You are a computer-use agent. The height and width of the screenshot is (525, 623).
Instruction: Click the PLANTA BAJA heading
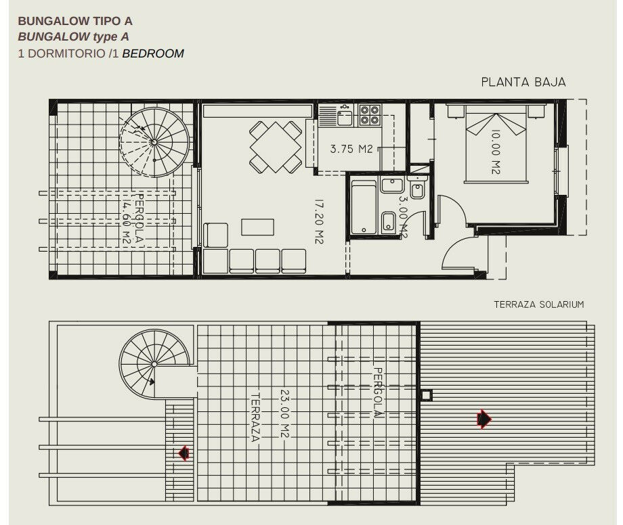(523, 82)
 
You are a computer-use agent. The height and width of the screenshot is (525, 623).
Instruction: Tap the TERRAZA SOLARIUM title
(539, 304)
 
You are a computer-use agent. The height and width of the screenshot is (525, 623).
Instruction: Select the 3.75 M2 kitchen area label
(351, 149)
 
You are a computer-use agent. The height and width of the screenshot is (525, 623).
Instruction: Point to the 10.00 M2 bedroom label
(495, 152)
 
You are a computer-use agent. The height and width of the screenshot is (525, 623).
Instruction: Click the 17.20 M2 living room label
(319, 221)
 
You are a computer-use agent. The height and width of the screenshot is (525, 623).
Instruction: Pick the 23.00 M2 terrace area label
(284, 413)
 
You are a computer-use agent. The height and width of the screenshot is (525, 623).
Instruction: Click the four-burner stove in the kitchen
(370, 115)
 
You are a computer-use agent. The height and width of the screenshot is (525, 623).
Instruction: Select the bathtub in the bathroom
(364, 207)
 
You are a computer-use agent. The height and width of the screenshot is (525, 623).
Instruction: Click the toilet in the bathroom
(416, 189)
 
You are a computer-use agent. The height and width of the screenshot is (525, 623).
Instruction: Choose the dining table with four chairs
(276, 147)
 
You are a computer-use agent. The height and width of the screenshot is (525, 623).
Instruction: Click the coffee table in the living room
(257, 227)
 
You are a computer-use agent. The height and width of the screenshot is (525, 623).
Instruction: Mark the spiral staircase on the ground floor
(154, 141)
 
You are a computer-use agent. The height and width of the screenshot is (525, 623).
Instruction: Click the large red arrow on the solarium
(484, 419)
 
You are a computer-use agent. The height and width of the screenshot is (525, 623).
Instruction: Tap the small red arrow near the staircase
(184, 453)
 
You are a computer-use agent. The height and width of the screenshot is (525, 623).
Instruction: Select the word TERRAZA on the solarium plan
(255, 417)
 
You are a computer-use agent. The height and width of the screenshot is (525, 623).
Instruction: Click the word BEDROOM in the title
(153, 53)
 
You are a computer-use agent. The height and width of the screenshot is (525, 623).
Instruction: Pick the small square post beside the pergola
(427, 396)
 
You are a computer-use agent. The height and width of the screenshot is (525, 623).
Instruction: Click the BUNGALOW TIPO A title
(75, 21)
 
